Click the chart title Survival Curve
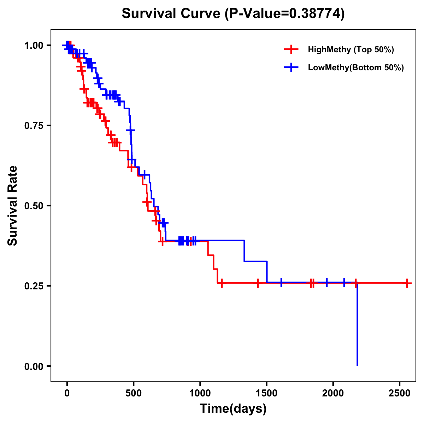(x=172, y=14)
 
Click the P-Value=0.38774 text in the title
(x=285, y=14)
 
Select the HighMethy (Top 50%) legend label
(x=351, y=49)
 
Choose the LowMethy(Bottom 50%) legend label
(x=356, y=68)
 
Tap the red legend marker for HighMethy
(x=291, y=49)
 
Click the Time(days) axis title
(x=233, y=409)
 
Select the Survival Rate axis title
(x=13, y=206)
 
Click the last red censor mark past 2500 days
(x=407, y=283)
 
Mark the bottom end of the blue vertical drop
(x=357, y=365)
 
